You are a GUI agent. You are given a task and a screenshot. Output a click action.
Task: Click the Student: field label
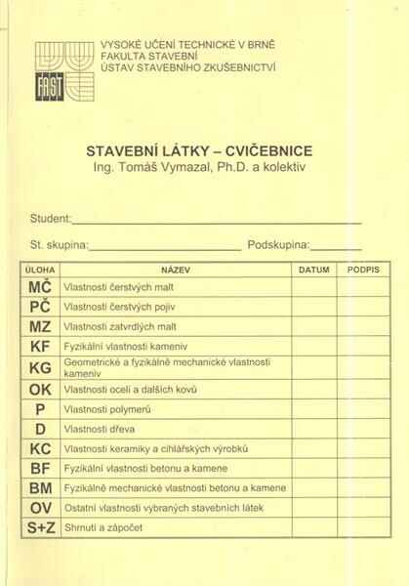(51, 220)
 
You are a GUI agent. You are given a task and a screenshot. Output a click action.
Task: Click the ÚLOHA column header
(40, 268)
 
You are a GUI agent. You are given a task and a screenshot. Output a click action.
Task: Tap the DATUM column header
(313, 268)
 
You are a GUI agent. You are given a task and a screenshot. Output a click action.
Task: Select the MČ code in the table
(40, 288)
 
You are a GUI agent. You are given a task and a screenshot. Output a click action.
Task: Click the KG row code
(40, 368)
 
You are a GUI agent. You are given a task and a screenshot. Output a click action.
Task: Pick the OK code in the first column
(40, 389)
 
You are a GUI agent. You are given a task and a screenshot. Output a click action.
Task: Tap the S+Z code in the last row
(40, 529)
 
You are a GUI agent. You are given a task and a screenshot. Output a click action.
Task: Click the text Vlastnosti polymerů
(107, 409)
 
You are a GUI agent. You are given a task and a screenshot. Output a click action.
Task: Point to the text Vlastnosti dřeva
(99, 429)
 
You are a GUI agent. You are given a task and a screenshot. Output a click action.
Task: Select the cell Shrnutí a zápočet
(102, 529)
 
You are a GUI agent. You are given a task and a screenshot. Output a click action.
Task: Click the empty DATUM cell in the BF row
(313, 469)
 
